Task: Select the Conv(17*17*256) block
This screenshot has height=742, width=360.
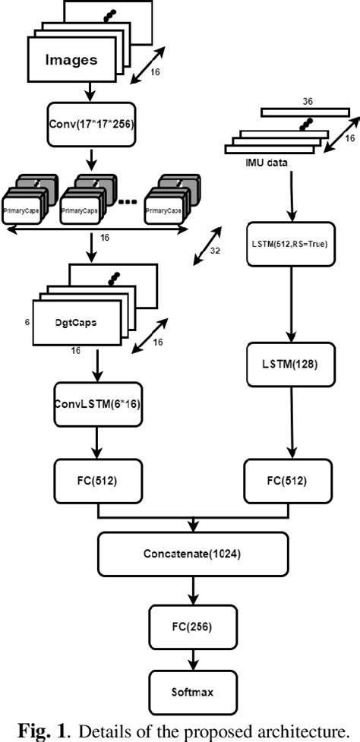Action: pyautogui.click(x=90, y=124)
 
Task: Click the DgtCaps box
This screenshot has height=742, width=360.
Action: pyautogui.click(x=75, y=322)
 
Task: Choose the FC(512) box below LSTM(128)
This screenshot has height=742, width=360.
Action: pyautogui.click(x=288, y=480)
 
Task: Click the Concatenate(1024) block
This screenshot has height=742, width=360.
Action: pyautogui.click(x=192, y=554)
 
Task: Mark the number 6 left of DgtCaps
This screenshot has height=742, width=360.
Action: pyautogui.click(x=27, y=322)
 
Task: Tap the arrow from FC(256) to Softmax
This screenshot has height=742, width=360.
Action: pyautogui.click(x=192, y=658)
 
